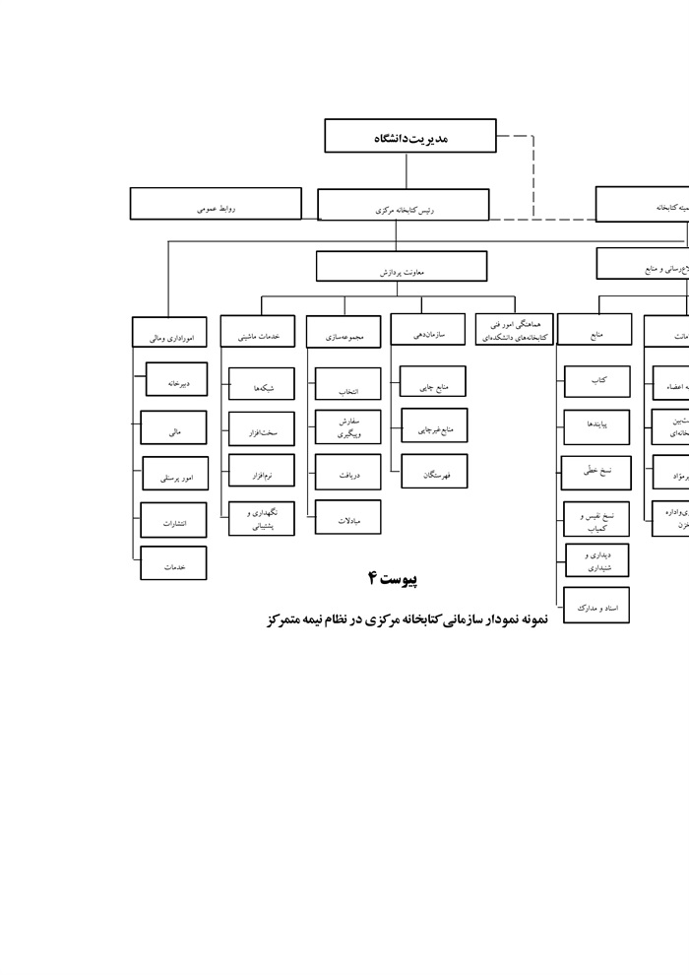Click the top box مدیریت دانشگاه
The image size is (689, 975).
(x=409, y=137)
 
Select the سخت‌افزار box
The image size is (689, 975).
(x=261, y=430)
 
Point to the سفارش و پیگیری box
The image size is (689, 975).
(x=347, y=427)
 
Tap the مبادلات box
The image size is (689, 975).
(x=347, y=517)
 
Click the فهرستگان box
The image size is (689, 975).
(x=434, y=473)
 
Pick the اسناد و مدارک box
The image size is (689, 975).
(x=596, y=607)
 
